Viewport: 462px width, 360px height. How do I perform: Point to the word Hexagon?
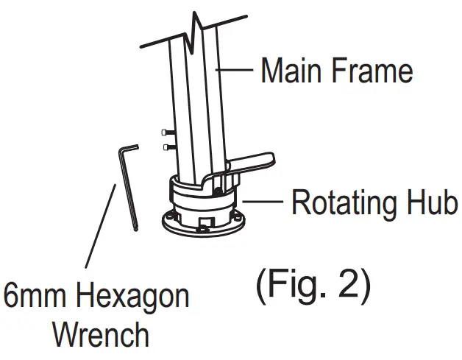pos(133,297)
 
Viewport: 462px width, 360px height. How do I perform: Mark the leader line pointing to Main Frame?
pos(237,71)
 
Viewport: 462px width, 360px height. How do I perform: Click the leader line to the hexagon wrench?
pos(101,228)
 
